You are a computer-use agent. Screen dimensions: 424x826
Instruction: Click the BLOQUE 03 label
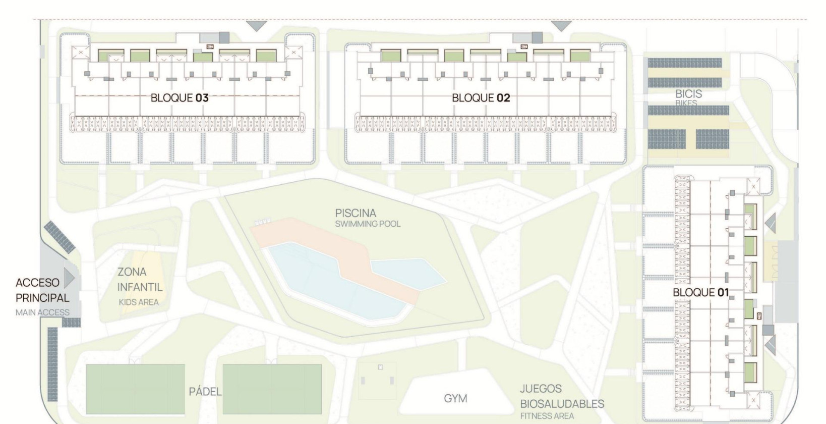coord(180,97)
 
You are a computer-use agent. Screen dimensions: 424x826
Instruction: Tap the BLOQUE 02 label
coord(481,97)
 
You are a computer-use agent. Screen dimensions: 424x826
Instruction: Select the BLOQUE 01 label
coord(700,292)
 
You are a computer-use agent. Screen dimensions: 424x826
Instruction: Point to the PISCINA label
coord(356,213)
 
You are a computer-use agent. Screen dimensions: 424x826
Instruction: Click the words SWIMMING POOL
coord(368,224)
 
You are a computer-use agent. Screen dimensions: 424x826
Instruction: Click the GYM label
coord(455,398)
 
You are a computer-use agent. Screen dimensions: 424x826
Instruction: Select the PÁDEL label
coord(205,392)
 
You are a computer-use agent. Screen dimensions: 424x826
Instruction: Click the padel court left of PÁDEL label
coord(135,389)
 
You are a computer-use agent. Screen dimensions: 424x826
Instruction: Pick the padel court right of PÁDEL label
coord(272,389)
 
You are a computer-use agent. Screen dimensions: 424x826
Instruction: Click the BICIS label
coord(688,94)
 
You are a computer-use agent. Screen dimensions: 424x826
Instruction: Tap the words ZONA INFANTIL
coord(140,279)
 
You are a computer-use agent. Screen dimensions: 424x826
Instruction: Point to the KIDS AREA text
coord(139,302)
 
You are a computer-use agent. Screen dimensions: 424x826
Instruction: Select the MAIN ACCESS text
coord(42,312)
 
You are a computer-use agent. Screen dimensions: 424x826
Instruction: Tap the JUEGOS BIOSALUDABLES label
coord(562,396)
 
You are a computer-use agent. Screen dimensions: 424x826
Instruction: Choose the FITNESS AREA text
coord(547,416)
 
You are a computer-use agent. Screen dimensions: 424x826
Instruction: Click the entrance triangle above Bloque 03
coord(256,26)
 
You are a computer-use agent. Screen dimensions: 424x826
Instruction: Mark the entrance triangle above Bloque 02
coord(561,26)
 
